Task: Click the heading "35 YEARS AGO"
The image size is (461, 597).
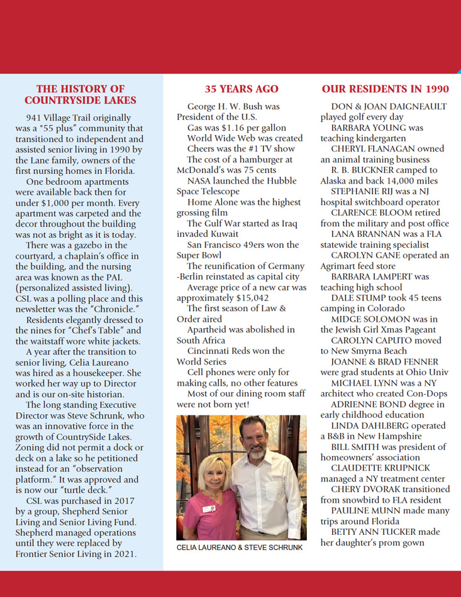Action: (242, 89)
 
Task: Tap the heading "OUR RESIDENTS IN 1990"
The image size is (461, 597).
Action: (385, 89)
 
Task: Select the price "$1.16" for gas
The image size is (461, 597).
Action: (219, 128)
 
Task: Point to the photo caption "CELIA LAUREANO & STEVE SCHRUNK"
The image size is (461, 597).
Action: (240, 547)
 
